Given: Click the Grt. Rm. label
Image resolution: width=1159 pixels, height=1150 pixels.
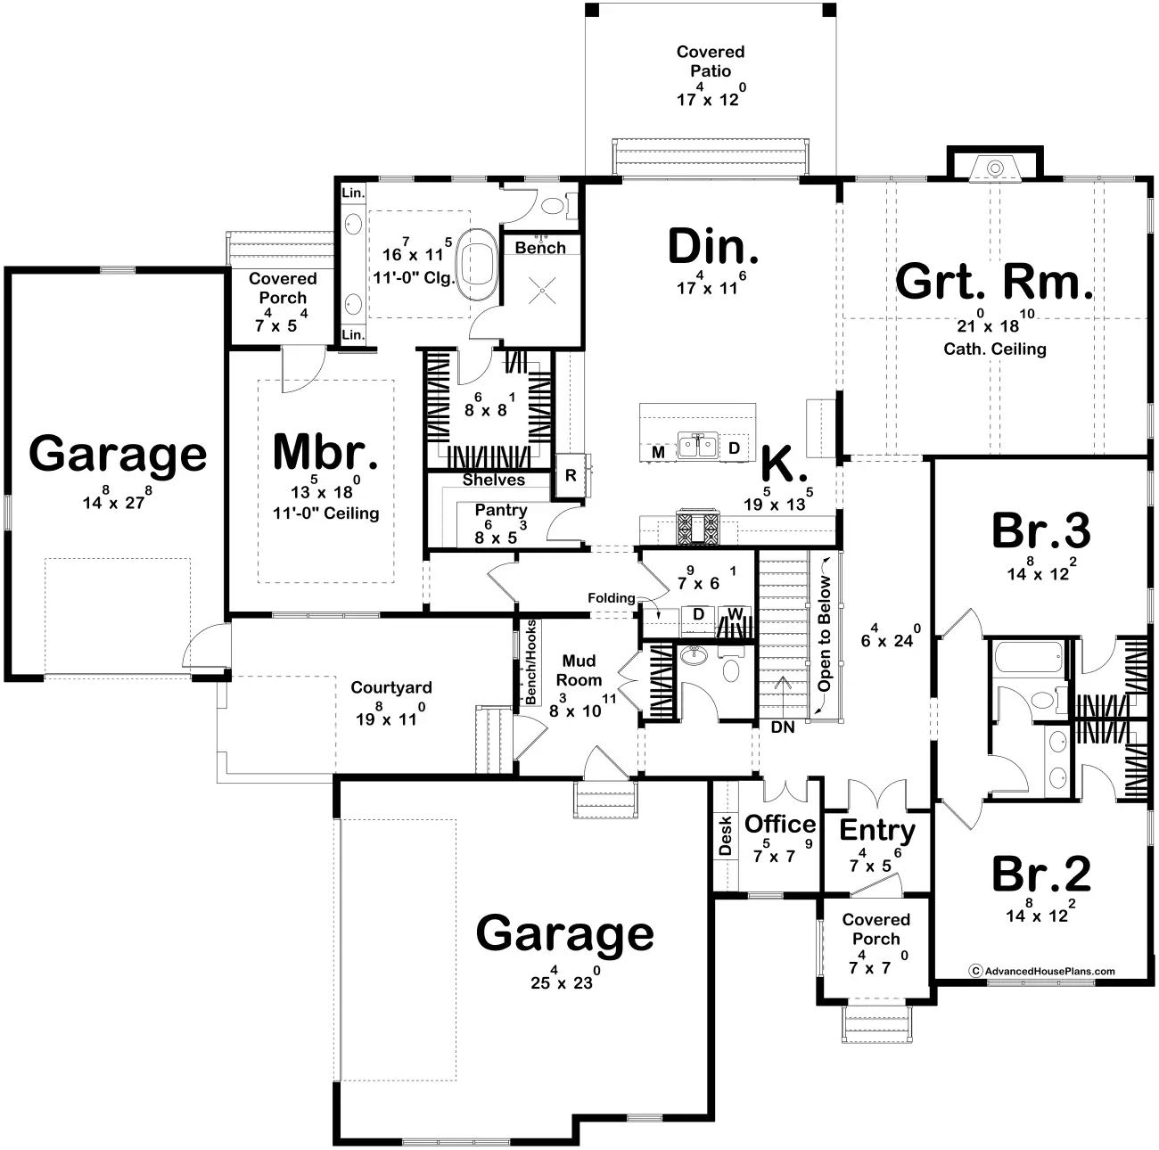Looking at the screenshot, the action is [x=993, y=282].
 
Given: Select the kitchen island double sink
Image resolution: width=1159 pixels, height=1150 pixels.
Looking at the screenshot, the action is [x=698, y=446].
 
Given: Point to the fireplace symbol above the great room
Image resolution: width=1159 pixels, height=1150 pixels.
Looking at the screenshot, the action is [x=995, y=168].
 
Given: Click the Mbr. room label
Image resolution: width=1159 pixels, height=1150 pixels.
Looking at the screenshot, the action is [x=325, y=451].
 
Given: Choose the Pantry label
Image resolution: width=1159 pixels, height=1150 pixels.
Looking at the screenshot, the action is [x=501, y=510].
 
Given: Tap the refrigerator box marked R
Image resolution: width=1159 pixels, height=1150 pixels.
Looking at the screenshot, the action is [x=571, y=475].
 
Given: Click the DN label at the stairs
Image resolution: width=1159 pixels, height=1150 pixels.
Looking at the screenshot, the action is [x=783, y=727].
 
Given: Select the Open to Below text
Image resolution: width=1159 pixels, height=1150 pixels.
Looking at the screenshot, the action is [x=825, y=634].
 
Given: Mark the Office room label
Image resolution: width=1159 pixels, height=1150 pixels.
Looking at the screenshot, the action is [x=780, y=824].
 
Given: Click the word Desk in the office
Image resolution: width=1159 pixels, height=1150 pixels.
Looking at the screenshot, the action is [x=726, y=836].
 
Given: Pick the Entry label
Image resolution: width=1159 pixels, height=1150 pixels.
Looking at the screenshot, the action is [x=877, y=831].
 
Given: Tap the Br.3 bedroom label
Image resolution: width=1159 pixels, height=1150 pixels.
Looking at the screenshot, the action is [x=1041, y=530].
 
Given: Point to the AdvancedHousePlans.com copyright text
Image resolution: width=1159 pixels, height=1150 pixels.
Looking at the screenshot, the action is [x=1041, y=971].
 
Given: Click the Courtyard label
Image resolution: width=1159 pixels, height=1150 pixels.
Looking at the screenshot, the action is [x=391, y=687].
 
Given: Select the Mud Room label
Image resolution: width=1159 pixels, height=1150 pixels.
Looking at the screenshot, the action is [x=579, y=670].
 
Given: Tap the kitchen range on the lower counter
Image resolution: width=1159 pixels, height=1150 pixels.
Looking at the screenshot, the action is [x=698, y=528].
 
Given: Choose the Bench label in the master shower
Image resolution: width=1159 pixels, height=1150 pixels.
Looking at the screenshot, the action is [x=540, y=247].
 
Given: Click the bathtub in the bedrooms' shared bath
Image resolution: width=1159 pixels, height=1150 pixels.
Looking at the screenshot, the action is [x=1029, y=657].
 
